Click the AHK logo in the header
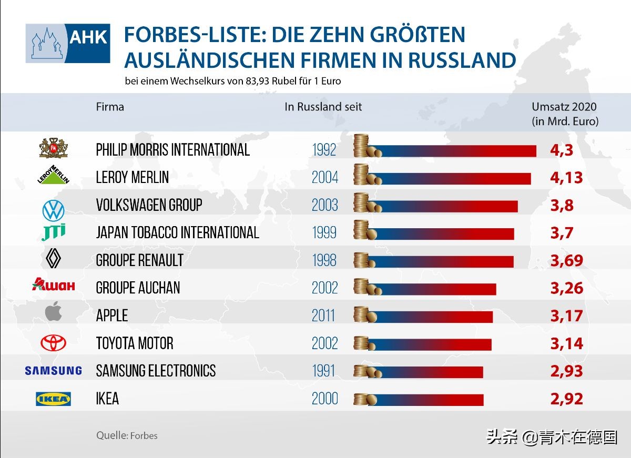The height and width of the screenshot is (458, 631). click(68, 43)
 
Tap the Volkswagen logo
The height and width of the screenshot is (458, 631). click(53, 210)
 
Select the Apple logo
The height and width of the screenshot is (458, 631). click(53, 311)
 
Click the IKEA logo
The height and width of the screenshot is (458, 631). click(53, 399)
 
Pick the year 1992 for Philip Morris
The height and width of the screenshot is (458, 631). click(324, 150)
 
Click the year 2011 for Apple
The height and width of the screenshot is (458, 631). click(323, 315)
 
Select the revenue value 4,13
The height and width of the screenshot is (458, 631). click(566, 178)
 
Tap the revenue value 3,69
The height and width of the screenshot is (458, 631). click(566, 260)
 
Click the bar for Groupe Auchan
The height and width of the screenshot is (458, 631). click(436, 289)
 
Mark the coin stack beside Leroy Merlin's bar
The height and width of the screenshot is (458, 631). click(363, 175)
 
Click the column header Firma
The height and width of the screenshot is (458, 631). click(110, 107)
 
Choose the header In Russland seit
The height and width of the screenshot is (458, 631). click(323, 107)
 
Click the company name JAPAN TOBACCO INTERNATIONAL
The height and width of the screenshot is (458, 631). click(177, 232)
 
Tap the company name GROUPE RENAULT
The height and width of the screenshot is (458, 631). click(139, 260)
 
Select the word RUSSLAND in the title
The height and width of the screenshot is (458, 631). click(462, 60)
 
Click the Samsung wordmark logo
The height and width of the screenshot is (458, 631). click(53, 371)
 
